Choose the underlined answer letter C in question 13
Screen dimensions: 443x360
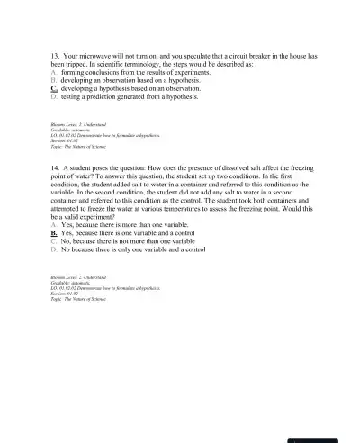55,90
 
